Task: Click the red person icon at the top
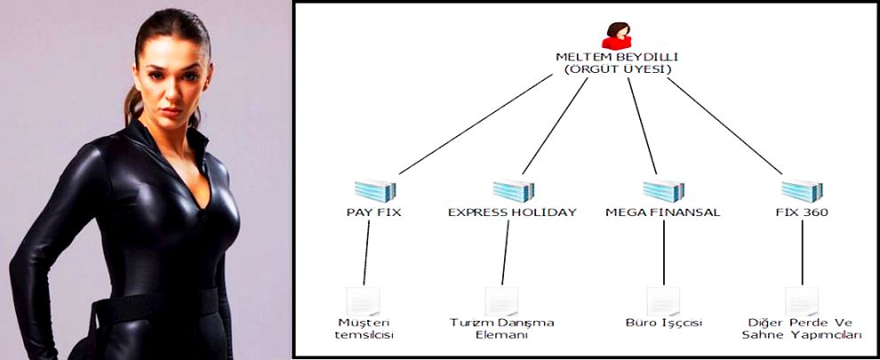[x=615, y=36]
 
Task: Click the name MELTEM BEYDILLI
[x=617, y=57]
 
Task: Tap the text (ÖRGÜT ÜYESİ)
[x=617, y=69]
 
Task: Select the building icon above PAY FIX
[x=374, y=190]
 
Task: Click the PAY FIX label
[x=374, y=212]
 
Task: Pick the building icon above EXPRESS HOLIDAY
[x=514, y=190]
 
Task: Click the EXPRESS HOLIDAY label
[x=512, y=212]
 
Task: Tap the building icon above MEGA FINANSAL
[x=662, y=190]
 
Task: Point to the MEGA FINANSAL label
[x=662, y=212]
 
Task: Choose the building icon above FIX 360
[x=802, y=190]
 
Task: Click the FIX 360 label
[x=802, y=212]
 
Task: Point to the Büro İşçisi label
[x=662, y=322]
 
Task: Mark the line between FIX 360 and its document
[x=802, y=253]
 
